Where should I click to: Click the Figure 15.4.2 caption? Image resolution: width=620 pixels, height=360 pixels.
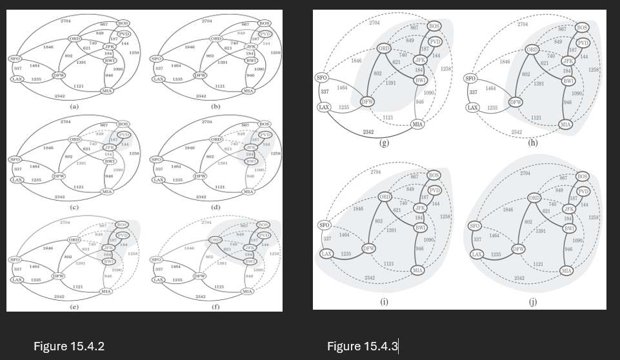click(x=69, y=346)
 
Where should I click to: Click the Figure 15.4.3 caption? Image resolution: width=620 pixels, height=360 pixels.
click(x=362, y=346)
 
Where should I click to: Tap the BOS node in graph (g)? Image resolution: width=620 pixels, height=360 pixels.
click(x=434, y=26)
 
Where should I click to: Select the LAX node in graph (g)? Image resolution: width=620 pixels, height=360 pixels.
click(x=324, y=107)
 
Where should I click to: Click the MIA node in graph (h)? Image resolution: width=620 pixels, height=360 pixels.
click(x=566, y=124)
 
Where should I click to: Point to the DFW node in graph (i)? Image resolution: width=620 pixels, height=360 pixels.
click(x=368, y=248)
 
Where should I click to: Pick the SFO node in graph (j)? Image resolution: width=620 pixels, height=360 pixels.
click(x=474, y=226)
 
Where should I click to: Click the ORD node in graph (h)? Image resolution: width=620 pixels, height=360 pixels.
click(x=532, y=49)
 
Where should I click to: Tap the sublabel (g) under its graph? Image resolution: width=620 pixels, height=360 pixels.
click(x=384, y=143)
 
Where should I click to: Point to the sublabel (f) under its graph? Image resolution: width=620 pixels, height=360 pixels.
click(x=215, y=307)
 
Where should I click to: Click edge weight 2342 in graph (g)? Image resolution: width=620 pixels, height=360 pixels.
click(x=368, y=132)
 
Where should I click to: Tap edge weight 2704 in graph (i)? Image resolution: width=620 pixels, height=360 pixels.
click(x=376, y=172)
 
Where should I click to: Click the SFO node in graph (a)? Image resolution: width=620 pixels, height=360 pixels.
click(x=14, y=59)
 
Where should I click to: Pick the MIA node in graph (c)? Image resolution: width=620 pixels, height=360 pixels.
click(x=107, y=192)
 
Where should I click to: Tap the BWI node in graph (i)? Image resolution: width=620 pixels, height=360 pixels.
click(x=420, y=228)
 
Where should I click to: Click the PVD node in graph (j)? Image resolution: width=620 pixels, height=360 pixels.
click(x=583, y=192)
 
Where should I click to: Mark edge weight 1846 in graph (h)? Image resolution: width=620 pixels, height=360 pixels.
click(x=505, y=61)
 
